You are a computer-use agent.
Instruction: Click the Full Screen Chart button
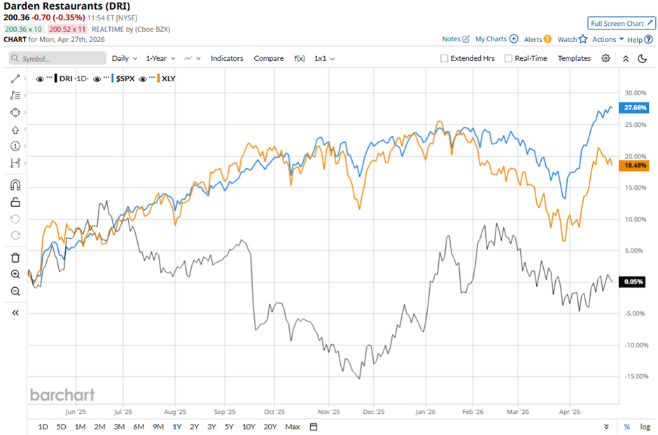[622, 23]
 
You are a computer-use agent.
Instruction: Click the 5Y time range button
[229, 427]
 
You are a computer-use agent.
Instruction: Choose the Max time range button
[293, 427]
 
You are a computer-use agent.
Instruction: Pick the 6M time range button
[138, 427]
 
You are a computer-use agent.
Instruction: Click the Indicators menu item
[227, 59]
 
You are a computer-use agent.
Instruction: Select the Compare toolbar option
[269, 59]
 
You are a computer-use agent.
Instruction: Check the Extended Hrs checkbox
[444, 59]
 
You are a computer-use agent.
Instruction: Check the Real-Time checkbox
[508, 59]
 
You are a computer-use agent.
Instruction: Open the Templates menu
[574, 59]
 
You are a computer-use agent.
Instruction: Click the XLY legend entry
[168, 78]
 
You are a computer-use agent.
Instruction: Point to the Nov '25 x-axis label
[328, 413]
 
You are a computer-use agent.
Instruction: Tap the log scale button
[644, 427]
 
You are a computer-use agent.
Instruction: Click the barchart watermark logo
[62, 395]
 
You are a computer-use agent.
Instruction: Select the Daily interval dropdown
[124, 59]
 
